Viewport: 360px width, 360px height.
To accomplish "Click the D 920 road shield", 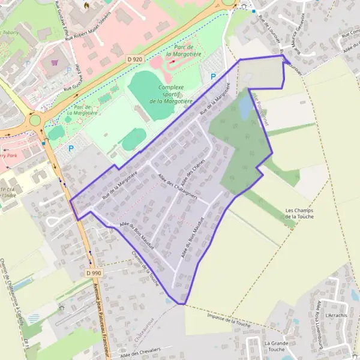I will [x=135, y=59].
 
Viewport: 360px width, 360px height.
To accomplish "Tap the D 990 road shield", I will [x=93, y=273].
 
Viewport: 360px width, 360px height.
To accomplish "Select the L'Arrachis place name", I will [x=335, y=315].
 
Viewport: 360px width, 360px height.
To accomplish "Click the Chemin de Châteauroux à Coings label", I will [x=13, y=282].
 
